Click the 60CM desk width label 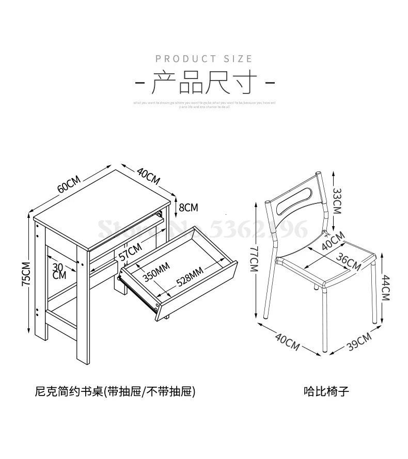coord(69,184)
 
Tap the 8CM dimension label coord(188,208)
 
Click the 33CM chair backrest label coord(337,201)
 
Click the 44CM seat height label coord(386,288)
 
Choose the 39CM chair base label coord(358,343)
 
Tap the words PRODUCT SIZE coord(204,59)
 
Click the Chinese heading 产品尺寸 coord(204,83)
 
